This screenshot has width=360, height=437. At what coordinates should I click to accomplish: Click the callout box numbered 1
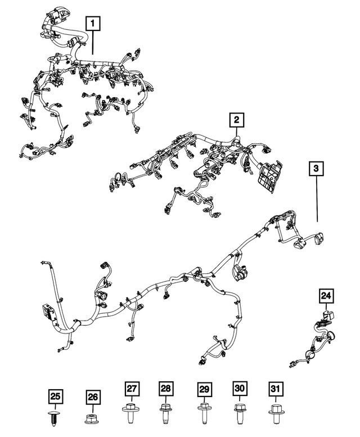coord(93,23)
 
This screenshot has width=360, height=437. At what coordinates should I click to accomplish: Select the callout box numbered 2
coord(236,120)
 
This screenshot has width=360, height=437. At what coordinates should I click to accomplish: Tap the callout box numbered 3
coord(316,168)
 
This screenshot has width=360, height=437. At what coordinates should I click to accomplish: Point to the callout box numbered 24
coord(327,296)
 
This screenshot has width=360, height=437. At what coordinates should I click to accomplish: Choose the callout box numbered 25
coord(56,397)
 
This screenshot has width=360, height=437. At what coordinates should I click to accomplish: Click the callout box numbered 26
coord(92,397)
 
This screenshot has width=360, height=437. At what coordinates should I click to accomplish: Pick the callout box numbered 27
coord(132,389)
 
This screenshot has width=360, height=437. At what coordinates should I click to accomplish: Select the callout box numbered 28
coord(166,389)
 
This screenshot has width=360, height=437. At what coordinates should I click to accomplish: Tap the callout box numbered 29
coord(205,389)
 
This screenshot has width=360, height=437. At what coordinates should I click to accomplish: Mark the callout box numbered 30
coord(240,389)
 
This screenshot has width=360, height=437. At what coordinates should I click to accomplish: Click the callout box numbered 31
coord(275,389)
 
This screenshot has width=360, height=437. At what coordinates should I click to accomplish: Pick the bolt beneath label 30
coord(240,413)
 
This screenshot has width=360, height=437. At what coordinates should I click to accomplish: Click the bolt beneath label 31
coord(275,413)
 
